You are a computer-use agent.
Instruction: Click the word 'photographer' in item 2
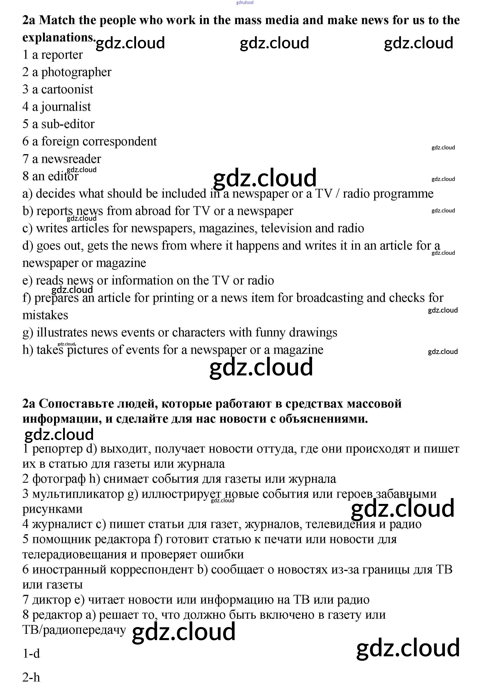click(x=76, y=72)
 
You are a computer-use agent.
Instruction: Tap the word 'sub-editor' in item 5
click(x=68, y=124)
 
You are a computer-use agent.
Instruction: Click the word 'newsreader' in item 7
click(x=71, y=159)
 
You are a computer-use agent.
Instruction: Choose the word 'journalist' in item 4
click(x=66, y=107)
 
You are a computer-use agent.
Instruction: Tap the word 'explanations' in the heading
click(x=58, y=38)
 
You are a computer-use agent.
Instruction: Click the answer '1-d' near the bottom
click(x=31, y=654)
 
